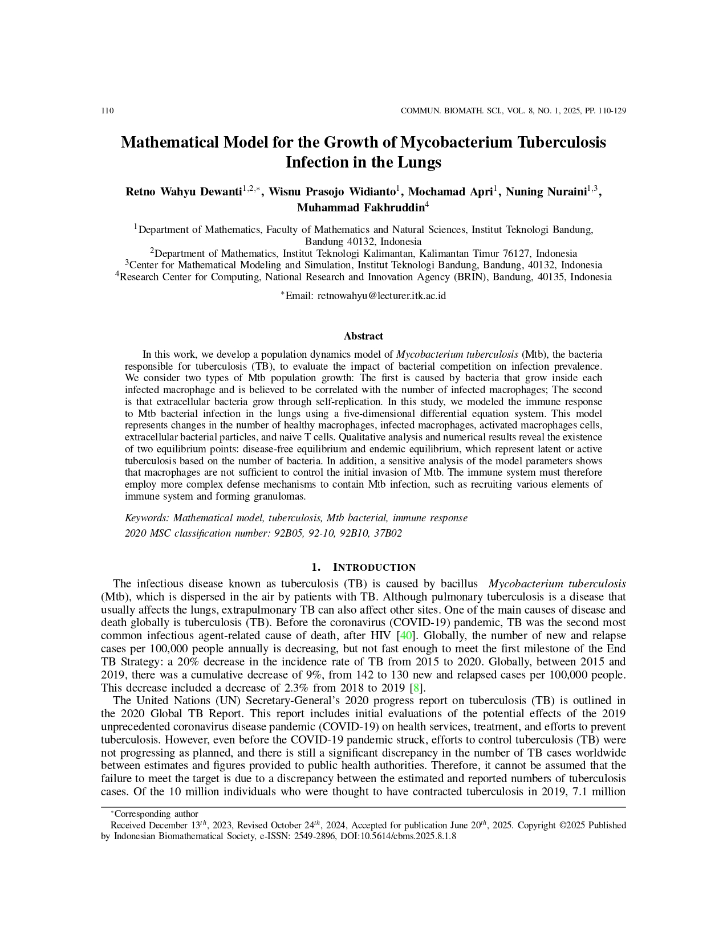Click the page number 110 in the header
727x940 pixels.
[x=107, y=111]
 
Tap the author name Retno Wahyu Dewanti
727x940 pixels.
[x=184, y=192]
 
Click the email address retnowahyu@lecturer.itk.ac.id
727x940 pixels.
[x=381, y=296]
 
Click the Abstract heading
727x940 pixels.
[x=363, y=336]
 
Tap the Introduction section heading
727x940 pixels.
[x=373, y=567]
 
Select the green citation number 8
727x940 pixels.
[x=416, y=688]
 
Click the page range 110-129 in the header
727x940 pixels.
[x=613, y=111]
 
